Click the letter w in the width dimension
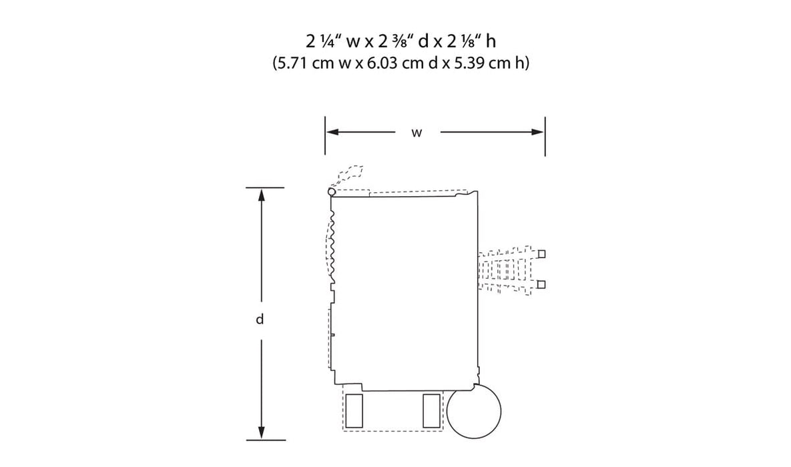(x=416, y=133)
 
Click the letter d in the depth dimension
(x=260, y=320)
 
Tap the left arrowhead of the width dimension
(x=332, y=132)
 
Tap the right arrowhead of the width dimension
(x=537, y=132)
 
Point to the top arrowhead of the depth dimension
(x=261, y=195)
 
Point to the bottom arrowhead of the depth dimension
(x=261, y=432)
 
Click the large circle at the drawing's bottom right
(x=474, y=410)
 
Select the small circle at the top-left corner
(x=332, y=191)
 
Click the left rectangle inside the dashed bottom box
(x=354, y=410)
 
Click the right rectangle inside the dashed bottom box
(x=431, y=410)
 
